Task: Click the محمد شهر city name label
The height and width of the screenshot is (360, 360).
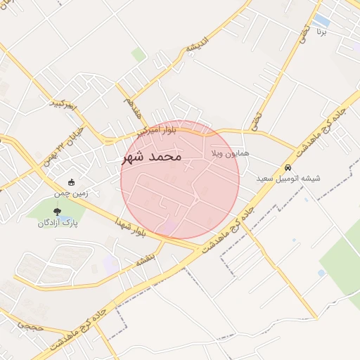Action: coord(152,156)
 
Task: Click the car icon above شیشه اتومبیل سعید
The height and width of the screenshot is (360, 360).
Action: coord(288,168)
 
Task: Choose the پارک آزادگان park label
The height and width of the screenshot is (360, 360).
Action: coord(56,223)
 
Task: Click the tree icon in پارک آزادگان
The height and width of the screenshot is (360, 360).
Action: coord(57,211)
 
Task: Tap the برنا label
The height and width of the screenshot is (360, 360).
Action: coord(321,32)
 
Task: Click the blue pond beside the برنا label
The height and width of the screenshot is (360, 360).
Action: coord(322,20)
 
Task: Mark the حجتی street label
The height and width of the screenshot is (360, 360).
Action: coord(30,327)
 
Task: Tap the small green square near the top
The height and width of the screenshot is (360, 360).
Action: coord(139,54)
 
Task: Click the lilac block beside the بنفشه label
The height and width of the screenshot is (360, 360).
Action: coord(110,264)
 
